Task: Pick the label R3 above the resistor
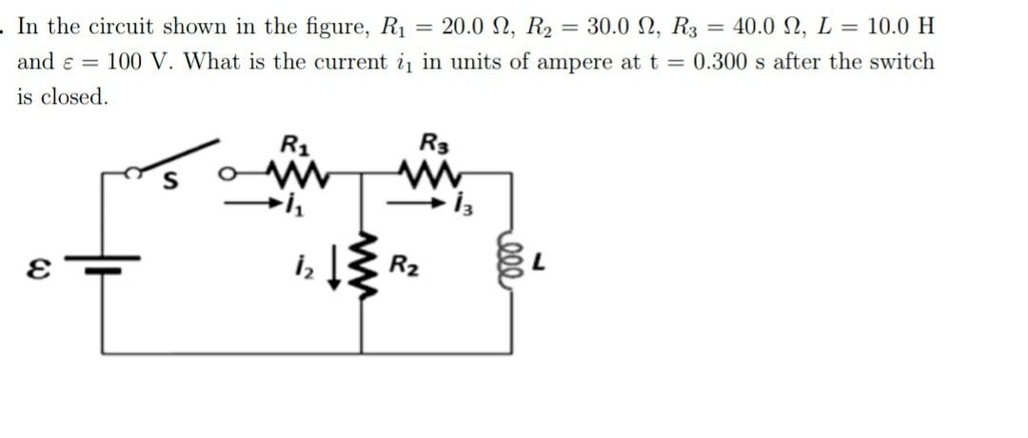click(x=433, y=147)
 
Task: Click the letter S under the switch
click(x=172, y=183)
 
